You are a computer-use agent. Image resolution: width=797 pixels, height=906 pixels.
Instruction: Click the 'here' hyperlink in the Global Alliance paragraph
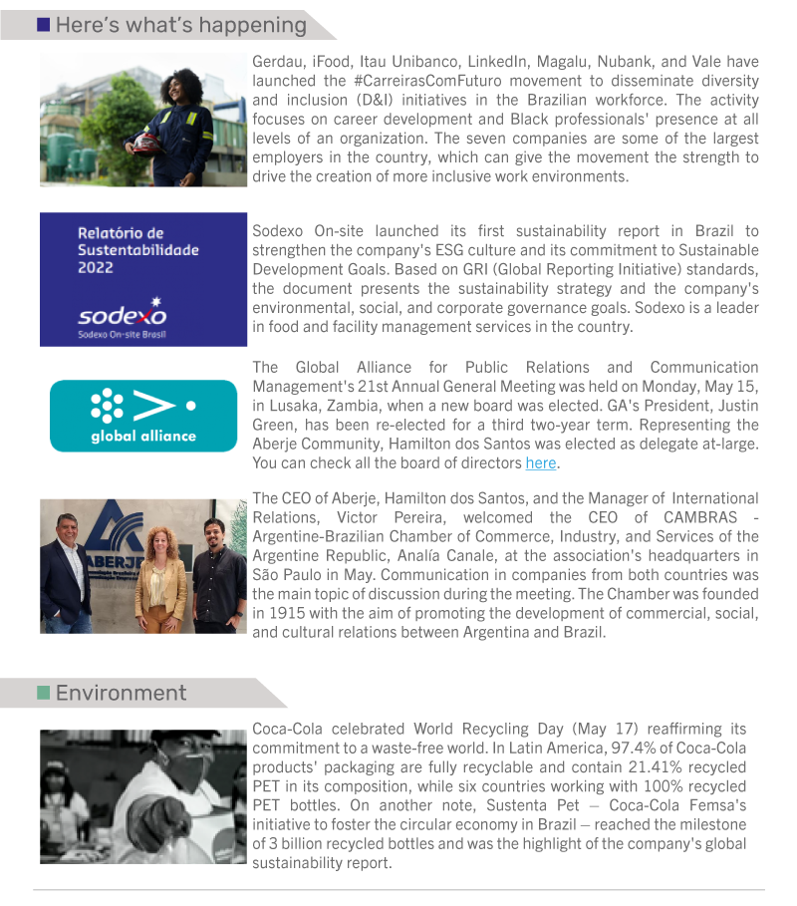click(541, 463)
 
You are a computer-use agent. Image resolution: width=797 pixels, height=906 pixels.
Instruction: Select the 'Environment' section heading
click(121, 693)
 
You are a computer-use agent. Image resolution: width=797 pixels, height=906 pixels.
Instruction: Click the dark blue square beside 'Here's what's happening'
click(44, 25)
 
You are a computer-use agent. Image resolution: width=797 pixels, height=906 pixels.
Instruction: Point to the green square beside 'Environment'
click(44, 693)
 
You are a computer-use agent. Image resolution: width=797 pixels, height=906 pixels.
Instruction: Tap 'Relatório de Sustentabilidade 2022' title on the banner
click(138, 250)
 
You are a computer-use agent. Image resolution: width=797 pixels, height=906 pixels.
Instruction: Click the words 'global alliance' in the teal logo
click(143, 436)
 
